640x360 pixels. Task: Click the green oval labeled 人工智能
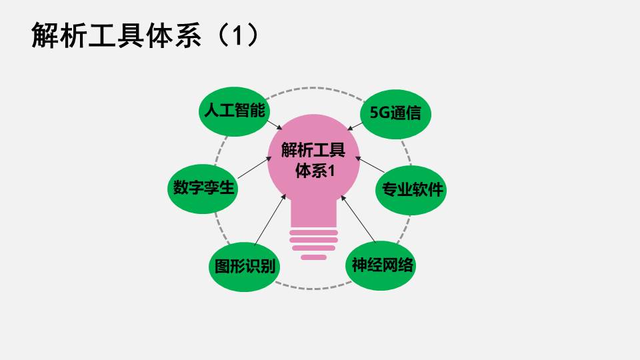(x=234, y=111)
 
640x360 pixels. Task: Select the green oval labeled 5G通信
(x=395, y=114)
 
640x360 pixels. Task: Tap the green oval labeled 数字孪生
(x=203, y=189)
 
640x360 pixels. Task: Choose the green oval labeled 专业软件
(x=411, y=190)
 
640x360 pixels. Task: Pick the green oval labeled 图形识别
(x=245, y=267)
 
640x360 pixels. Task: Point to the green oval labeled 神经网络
(x=381, y=265)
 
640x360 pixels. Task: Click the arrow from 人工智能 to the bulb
(x=274, y=125)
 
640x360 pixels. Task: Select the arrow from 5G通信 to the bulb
(x=355, y=126)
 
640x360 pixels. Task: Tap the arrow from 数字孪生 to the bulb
(x=255, y=168)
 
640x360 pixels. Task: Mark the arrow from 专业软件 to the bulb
(x=370, y=165)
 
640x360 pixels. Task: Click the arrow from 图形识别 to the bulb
(x=270, y=219)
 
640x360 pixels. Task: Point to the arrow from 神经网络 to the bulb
(x=359, y=219)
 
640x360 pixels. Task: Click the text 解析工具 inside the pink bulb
(x=313, y=150)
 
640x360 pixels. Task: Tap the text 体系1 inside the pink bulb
(x=315, y=171)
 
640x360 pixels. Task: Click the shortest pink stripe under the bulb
(x=313, y=257)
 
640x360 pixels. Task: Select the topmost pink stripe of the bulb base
(x=313, y=233)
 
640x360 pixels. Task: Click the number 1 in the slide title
(x=238, y=35)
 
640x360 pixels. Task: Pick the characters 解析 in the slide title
(x=59, y=35)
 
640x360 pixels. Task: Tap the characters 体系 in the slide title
(x=174, y=35)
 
